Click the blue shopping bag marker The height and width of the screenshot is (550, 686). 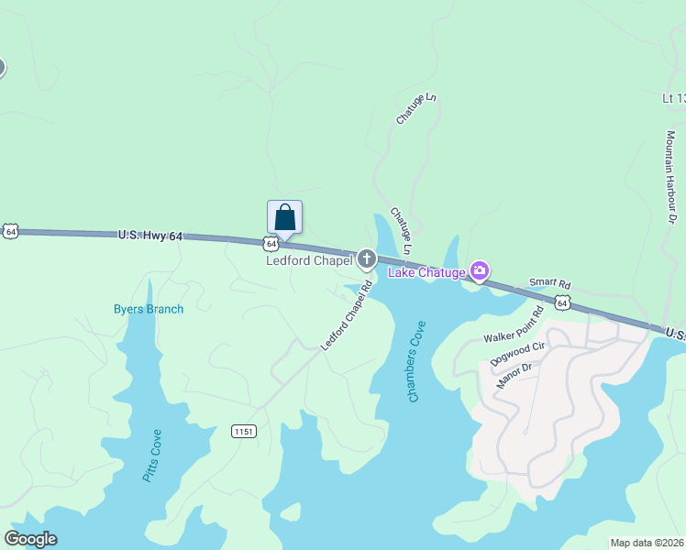284,218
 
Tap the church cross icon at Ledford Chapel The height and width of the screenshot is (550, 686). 367,259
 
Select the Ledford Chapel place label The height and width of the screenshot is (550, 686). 309,261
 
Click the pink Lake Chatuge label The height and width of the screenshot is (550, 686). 426,271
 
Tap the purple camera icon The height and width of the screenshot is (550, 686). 479,270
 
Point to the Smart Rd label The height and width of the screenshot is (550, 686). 550,284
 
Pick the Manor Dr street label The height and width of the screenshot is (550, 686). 514,375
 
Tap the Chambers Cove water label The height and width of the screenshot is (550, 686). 417,361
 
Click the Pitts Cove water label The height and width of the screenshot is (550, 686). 151,456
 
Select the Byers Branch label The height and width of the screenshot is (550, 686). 149,309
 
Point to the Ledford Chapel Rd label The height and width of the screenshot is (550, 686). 347,315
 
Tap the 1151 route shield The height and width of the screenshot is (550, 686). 243,431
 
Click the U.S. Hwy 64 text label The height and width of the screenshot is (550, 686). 149,236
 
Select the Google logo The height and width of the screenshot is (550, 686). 31,539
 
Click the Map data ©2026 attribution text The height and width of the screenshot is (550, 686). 647,543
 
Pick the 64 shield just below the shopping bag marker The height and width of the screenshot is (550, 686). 271,243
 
